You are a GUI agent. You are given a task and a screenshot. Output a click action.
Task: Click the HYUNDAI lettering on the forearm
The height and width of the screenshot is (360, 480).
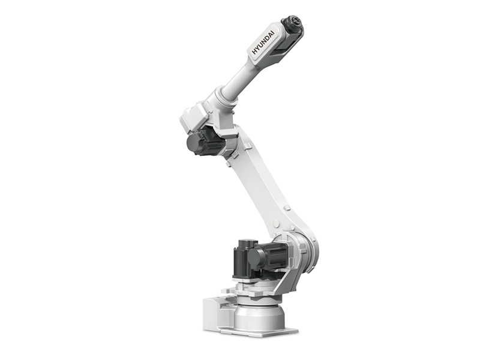(263, 43)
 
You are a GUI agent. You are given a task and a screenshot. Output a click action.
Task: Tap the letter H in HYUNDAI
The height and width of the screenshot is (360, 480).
(254, 52)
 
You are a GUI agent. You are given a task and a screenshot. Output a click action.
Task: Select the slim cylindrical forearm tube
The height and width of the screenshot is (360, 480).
(239, 79)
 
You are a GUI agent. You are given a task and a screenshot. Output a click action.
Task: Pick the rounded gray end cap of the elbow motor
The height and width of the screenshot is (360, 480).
(193, 144)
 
